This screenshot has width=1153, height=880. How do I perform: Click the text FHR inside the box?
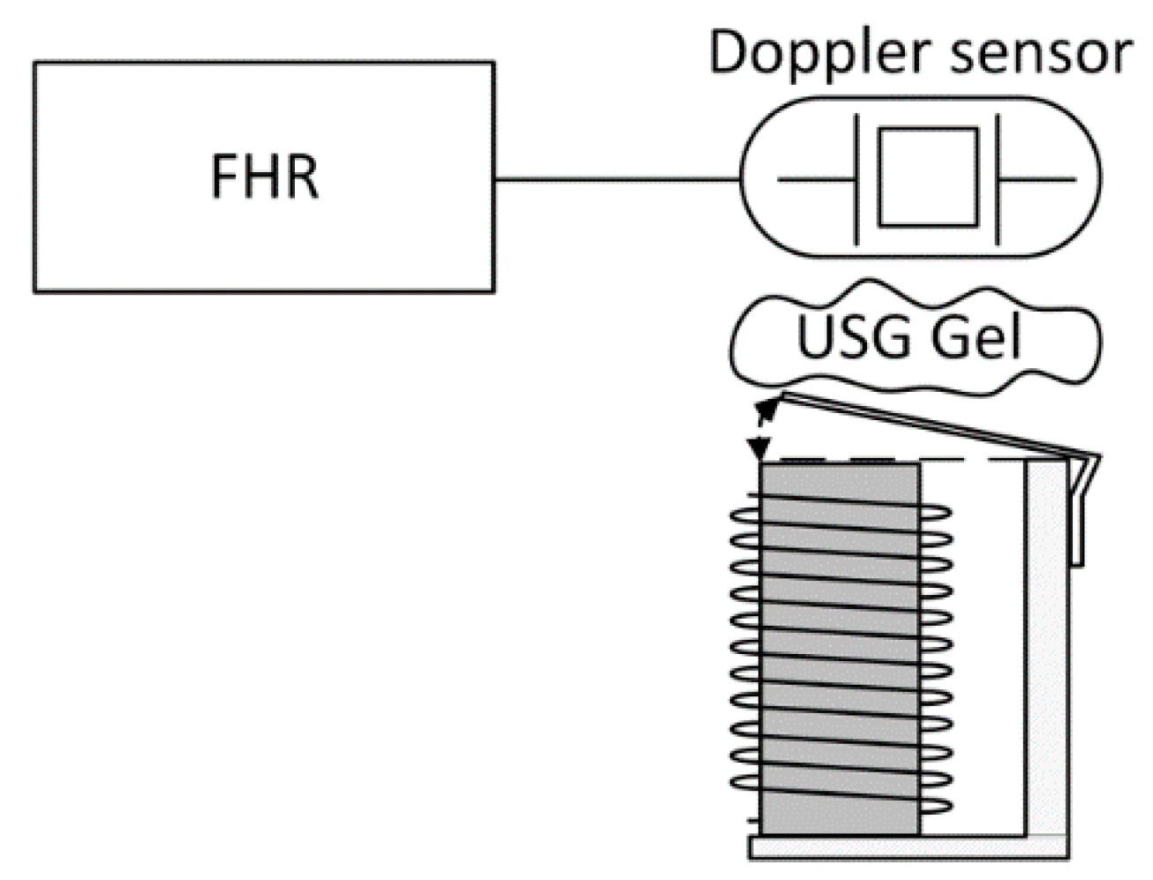click(264, 177)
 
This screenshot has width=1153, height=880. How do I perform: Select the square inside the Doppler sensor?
click(928, 178)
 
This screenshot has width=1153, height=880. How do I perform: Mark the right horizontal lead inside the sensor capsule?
click(1038, 180)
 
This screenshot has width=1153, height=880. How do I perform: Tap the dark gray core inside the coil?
click(839, 653)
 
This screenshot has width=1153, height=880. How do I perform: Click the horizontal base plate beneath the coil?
click(909, 847)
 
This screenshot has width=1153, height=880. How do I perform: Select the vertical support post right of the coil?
click(1045, 653)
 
